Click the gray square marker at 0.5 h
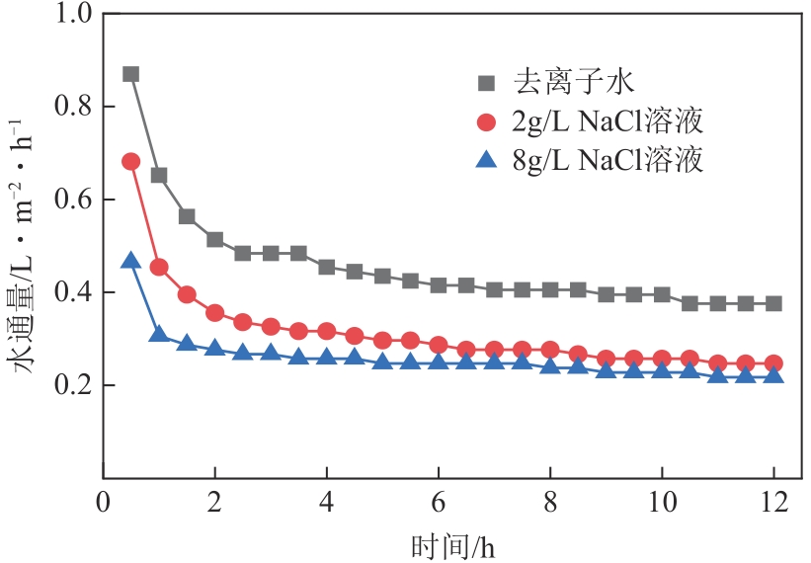click(130, 74)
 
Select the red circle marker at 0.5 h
click(130, 161)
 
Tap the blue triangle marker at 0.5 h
click(130, 261)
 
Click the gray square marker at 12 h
click(773, 303)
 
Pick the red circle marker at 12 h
click(773, 363)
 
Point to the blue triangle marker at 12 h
click(773, 375)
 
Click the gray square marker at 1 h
click(158, 176)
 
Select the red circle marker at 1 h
click(158, 267)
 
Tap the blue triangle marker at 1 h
click(158, 335)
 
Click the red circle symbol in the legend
click(485, 122)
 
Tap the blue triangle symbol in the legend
click(485, 159)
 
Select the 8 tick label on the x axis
click(549, 502)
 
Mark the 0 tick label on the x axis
click(102, 502)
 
